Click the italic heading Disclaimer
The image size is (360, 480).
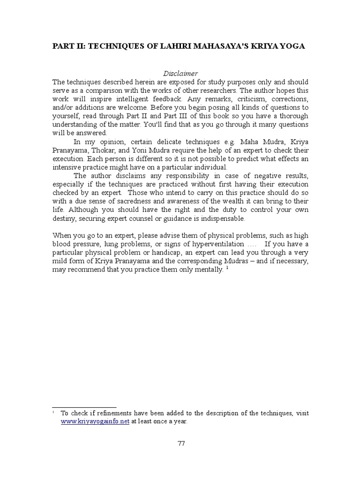(180, 74)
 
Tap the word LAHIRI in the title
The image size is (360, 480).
(169, 47)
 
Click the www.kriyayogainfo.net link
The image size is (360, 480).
(95, 421)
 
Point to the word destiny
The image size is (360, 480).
(65, 218)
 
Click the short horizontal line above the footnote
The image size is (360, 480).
(84, 407)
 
